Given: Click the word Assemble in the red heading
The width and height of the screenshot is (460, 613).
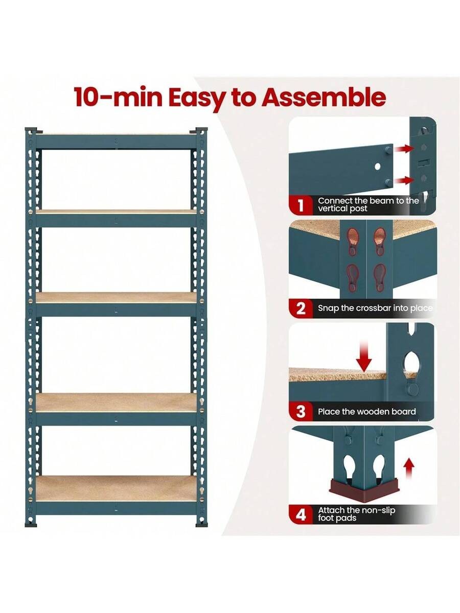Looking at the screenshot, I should [324, 97].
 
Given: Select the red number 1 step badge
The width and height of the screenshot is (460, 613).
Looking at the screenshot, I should [301, 205].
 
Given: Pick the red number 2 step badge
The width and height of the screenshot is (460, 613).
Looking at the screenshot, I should [301, 309].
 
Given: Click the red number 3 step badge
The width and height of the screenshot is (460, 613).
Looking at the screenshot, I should [301, 411].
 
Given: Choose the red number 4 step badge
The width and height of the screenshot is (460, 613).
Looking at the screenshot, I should [301, 514].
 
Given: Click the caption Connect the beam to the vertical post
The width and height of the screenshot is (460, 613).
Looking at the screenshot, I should [368, 205].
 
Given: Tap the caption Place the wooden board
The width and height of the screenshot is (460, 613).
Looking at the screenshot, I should [367, 411].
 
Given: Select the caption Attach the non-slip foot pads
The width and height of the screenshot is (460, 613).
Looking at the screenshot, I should [357, 514].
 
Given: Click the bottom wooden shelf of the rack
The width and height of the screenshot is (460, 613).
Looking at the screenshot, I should [116, 488].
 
